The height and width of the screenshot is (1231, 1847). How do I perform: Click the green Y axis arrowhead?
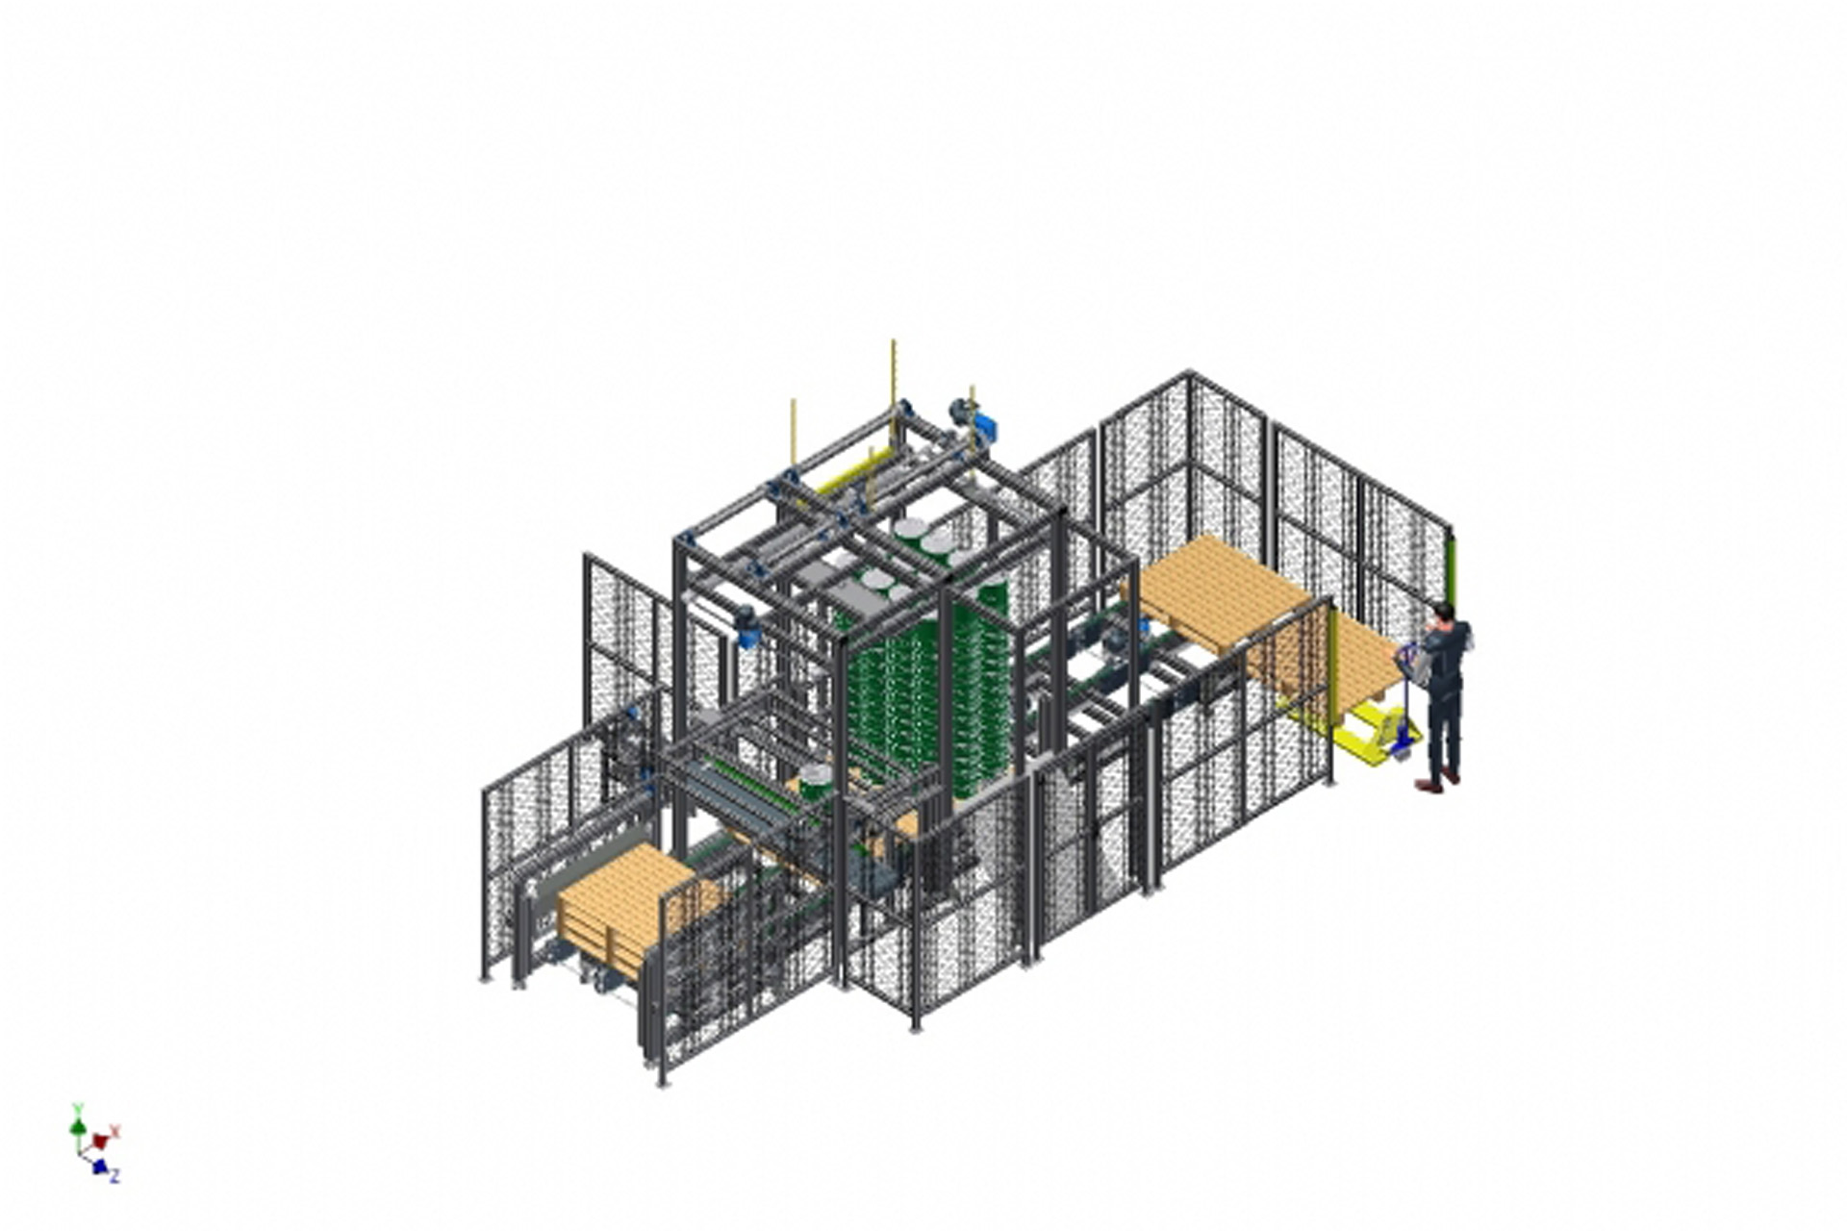point(78,1125)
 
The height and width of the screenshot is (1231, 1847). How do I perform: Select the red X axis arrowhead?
point(100,1142)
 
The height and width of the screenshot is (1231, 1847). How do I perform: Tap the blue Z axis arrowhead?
point(99,1167)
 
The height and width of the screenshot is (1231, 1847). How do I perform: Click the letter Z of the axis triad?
point(114,1176)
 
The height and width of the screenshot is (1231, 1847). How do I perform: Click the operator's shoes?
point(1437,782)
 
